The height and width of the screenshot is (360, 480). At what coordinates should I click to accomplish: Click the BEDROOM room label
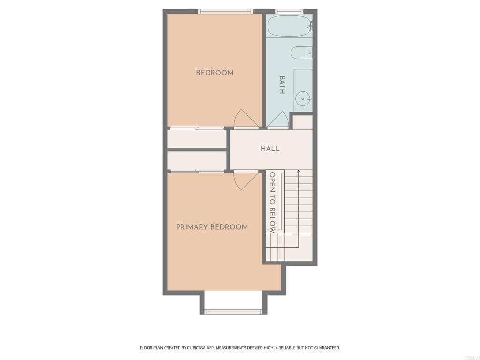[x=215, y=73]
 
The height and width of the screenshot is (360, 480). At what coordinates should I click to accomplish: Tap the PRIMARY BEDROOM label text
[x=212, y=227]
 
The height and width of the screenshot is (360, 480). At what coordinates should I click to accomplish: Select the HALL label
[x=270, y=149]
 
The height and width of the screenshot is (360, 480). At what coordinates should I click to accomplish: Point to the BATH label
[x=282, y=85]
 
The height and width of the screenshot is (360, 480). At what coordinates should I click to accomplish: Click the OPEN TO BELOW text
[x=271, y=202]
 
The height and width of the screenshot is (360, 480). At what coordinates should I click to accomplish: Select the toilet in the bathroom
[x=300, y=53]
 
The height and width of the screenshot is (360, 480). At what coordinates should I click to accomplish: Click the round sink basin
[x=303, y=98]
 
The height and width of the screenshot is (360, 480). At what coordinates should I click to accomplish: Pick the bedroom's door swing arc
[x=245, y=118]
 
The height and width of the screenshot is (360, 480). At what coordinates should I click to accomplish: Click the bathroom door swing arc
[x=278, y=120]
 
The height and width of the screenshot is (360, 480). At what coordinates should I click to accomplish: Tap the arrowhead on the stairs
[x=299, y=172]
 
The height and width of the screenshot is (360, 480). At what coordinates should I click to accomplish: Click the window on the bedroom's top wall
[x=225, y=11]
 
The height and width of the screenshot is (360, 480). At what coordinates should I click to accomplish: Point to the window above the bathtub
[x=289, y=11]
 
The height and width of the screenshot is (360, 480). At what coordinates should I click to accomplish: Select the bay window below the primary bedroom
[x=233, y=311]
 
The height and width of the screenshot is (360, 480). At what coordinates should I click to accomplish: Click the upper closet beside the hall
[x=197, y=139]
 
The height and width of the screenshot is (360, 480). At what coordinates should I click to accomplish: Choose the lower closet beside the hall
[x=197, y=161]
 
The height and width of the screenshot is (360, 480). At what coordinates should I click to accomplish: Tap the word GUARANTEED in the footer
[x=324, y=348]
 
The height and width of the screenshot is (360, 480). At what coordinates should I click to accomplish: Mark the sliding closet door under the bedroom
[x=197, y=128]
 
